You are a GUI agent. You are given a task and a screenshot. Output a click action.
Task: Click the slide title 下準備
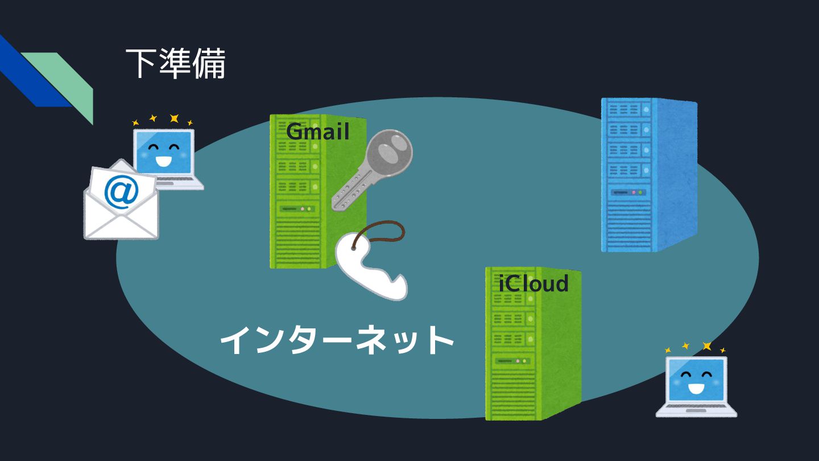(x=175, y=64)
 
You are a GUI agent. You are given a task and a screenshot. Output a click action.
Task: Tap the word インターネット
(x=337, y=340)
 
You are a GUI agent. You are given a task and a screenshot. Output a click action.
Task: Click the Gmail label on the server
(x=317, y=132)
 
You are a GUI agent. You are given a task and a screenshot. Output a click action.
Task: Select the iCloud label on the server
(x=533, y=283)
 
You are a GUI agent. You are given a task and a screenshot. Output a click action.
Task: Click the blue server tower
(x=648, y=176)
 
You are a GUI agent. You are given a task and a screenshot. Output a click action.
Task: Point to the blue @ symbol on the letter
(x=121, y=192)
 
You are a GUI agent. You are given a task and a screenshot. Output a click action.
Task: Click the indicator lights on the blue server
(x=637, y=192)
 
